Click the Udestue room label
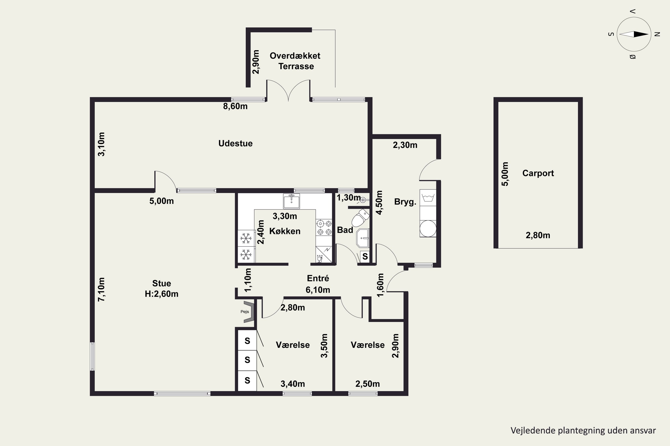click(x=235, y=143)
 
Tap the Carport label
click(x=538, y=173)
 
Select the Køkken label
click(x=285, y=231)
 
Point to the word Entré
click(x=318, y=278)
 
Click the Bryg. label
click(x=405, y=202)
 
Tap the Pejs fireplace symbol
click(x=248, y=312)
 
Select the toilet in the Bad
click(x=361, y=218)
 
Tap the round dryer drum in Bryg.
click(x=428, y=228)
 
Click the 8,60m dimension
click(x=235, y=106)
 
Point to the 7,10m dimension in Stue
click(x=101, y=289)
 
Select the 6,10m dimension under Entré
click(x=318, y=290)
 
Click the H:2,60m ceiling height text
click(x=161, y=294)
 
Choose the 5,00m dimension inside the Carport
click(x=505, y=174)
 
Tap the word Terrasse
click(x=296, y=66)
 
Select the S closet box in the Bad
click(x=365, y=257)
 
